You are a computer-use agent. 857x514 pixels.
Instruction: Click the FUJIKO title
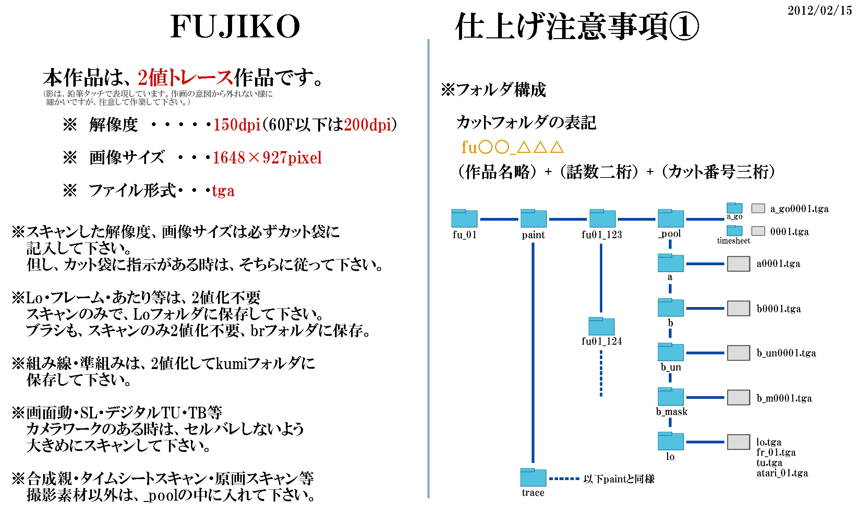(235, 26)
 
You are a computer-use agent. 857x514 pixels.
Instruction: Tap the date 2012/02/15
(820, 10)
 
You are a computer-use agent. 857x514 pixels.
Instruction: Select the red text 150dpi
(237, 125)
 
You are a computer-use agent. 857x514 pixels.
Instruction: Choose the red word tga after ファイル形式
(223, 191)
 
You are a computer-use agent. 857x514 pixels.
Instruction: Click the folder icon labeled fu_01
(464, 218)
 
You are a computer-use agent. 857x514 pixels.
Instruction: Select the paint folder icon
(533, 218)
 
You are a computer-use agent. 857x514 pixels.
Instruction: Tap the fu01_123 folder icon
(602, 218)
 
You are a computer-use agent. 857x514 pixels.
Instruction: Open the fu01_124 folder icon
(601, 326)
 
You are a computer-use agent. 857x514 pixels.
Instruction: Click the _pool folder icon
(671, 218)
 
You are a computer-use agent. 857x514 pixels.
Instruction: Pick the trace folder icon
(533, 477)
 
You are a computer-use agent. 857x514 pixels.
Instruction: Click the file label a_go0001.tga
(799, 209)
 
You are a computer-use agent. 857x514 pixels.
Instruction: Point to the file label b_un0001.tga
(786, 353)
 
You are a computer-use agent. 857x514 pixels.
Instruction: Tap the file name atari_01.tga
(782, 473)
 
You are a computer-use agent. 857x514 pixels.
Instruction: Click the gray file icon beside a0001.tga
(738, 264)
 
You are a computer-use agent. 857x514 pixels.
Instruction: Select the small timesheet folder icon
(734, 231)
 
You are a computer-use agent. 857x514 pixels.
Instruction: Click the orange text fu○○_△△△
(512, 147)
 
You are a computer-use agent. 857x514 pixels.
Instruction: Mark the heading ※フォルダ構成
(493, 90)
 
